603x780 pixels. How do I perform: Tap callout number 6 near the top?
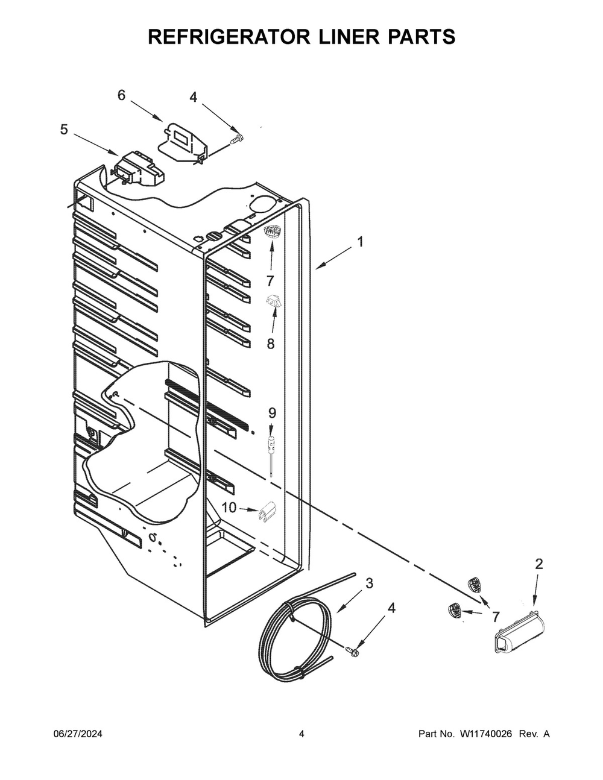[x=121, y=95]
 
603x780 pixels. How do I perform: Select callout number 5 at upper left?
[x=64, y=130]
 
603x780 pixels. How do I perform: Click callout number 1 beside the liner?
[x=360, y=242]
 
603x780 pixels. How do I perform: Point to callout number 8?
[x=270, y=344]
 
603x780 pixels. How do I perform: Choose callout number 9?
[x=272, y=413]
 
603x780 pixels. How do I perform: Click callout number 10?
[x=229, y=508]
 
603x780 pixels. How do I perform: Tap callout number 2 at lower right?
[x=538, y=564]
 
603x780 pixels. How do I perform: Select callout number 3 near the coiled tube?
[x=369, y=583]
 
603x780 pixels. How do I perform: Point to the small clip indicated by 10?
[x=267, y=512]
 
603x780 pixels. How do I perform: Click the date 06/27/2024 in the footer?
[x=78, y=734]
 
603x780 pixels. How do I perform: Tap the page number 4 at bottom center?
[x=301, y=734]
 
